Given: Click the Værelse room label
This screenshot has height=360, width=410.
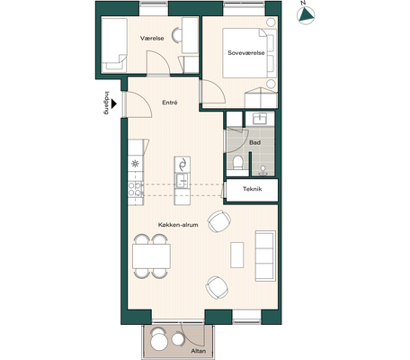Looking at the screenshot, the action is [152, 39].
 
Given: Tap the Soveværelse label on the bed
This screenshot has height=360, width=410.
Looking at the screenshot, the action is [246, 53].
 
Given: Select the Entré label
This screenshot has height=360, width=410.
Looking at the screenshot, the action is [170, 103].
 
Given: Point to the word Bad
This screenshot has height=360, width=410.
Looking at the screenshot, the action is [254, 143].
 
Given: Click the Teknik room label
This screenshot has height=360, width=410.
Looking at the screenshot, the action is [253, 189].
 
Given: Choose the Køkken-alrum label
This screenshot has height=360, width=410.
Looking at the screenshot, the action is [178, 225].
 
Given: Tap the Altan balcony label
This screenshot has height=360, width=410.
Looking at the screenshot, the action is [199, 351].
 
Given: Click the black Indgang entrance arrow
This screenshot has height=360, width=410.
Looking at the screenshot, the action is [113, 104].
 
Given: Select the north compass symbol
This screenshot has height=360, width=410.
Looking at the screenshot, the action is [306, 15].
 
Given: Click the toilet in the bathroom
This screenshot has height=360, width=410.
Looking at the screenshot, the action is [237, 162].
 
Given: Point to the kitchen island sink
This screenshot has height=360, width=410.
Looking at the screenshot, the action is [183, 181].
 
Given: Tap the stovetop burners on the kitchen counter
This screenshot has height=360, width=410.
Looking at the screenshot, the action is [135, 189].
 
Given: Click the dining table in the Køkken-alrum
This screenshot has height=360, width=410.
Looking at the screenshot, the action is [151, 256].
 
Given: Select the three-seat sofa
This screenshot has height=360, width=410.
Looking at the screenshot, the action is [265, 256].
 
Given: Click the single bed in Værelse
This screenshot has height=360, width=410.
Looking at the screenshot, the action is [114, 45].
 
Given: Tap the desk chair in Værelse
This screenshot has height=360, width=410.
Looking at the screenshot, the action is [176, 35].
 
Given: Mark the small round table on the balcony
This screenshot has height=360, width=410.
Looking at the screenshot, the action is [177, 339].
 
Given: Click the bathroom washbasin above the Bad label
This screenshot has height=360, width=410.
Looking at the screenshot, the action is [260, 118].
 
